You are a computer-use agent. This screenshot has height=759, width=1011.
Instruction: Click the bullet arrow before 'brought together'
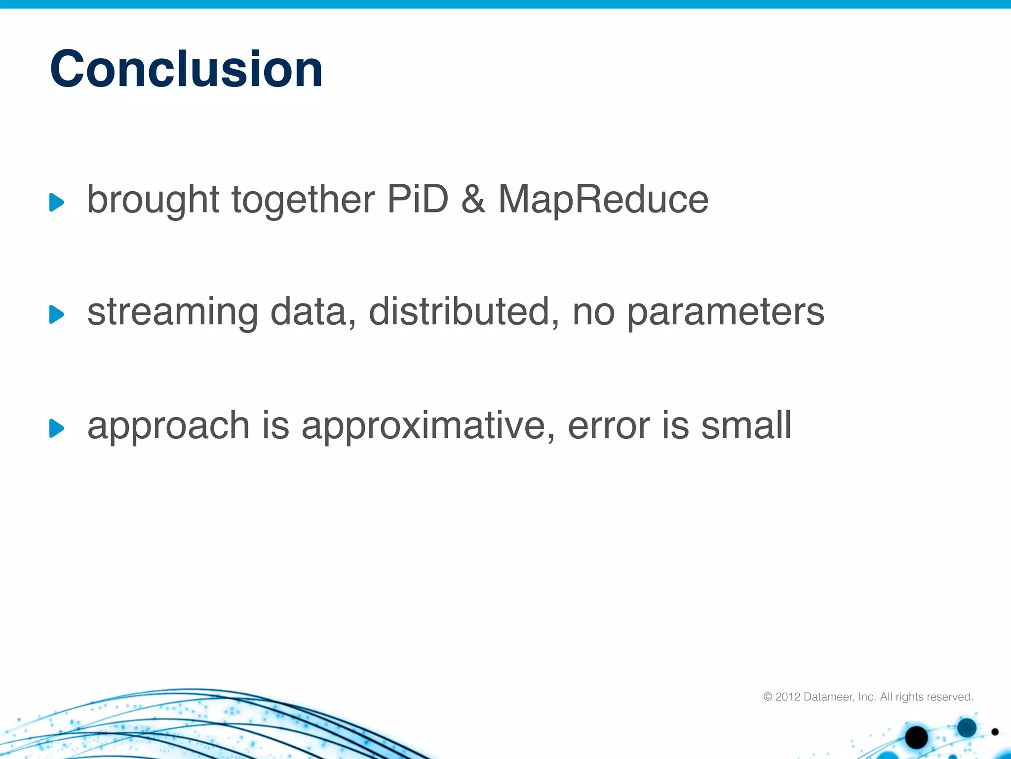click(57, 202)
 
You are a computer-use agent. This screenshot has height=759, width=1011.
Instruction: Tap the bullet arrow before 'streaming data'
click(57, 314)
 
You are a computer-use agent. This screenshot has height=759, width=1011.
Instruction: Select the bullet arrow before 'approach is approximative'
click(57, 428)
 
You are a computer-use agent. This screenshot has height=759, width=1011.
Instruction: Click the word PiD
click(418, 199)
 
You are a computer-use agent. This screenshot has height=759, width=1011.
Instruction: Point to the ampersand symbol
click(473, 199)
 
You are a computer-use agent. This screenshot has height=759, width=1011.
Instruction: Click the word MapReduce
click(603, 200)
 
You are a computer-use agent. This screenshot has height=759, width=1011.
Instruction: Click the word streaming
click(172, 313)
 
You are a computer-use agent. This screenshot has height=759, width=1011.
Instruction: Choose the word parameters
click(725, 313)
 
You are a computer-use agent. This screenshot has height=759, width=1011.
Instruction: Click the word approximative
click(428, 426)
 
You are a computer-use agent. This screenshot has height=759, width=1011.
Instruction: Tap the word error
click(609, 426)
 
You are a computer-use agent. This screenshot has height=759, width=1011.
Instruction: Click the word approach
click(168, 426)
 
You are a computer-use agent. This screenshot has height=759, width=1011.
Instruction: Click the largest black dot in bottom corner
click(916, 737)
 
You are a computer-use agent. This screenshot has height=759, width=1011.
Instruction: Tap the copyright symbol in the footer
click(768, 697)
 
